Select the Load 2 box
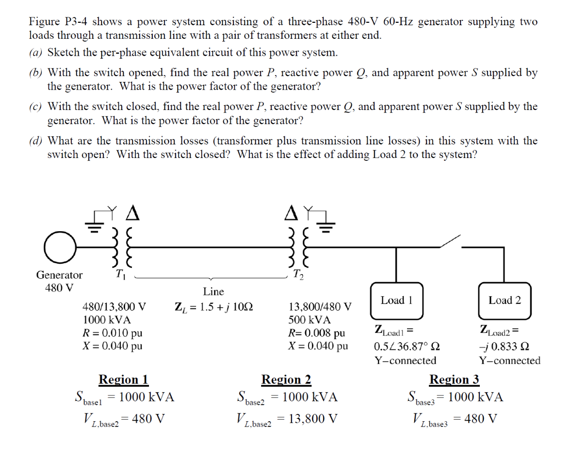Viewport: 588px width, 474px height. tap(505, 300)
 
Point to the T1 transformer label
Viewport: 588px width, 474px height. tap(120, 275)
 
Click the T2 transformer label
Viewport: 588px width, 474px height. tap(297, 275)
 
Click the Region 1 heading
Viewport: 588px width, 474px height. tap(123, 379)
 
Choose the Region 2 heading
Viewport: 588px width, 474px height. tap(286, 379)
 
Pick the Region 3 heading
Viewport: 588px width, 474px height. tap(455, 379)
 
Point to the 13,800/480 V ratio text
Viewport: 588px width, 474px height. tap(320, 307)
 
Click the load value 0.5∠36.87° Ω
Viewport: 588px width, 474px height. tap(407, 347)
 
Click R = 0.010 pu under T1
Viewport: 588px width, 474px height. tap(113, 333)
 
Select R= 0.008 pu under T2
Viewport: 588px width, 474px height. tap(317, 333)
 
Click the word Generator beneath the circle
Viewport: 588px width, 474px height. tap(59, 275)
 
